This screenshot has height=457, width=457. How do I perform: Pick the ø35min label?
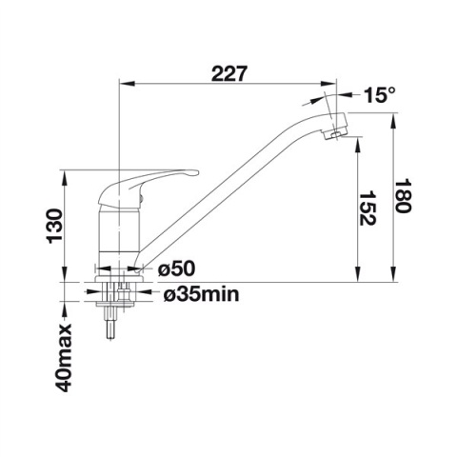[x=202, y=294]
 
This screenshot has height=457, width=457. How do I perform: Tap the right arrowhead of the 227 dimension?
[x=334, y=87]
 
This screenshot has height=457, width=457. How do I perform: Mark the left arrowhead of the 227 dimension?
[x=121, y=87]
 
